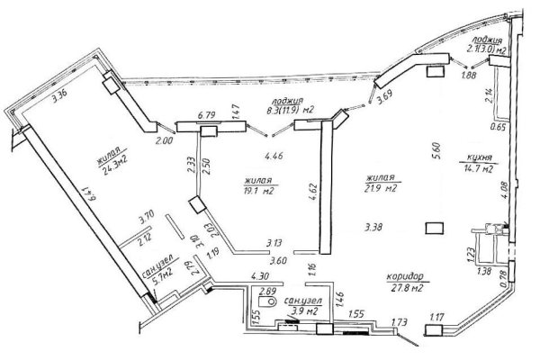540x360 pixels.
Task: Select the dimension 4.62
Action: [310, 190]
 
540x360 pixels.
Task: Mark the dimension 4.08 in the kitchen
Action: [507, 189]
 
